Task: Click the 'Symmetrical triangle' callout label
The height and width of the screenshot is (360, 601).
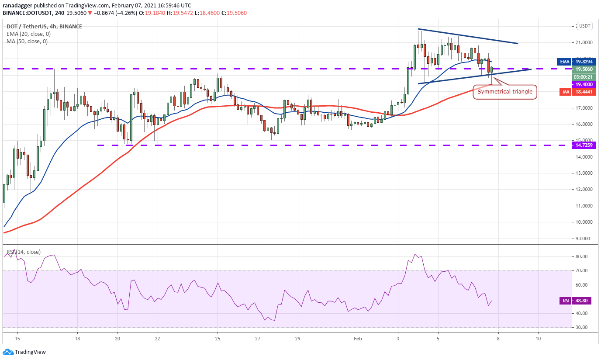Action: [x=504, y=92]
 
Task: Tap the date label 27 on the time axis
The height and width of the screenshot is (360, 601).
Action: [x=258, y=339]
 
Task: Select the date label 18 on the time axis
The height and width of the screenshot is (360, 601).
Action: [x=77, y=339]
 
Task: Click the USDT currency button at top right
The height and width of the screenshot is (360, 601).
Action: [x=586, y=26]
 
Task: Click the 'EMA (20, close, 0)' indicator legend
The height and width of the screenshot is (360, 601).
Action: [x=28, y=34]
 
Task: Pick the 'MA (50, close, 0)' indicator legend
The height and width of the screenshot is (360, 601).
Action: [x=27, y=42]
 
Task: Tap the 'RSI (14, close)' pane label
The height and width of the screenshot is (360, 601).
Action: [x=24, y=252]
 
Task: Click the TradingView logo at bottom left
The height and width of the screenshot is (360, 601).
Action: [x=24, y=352]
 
